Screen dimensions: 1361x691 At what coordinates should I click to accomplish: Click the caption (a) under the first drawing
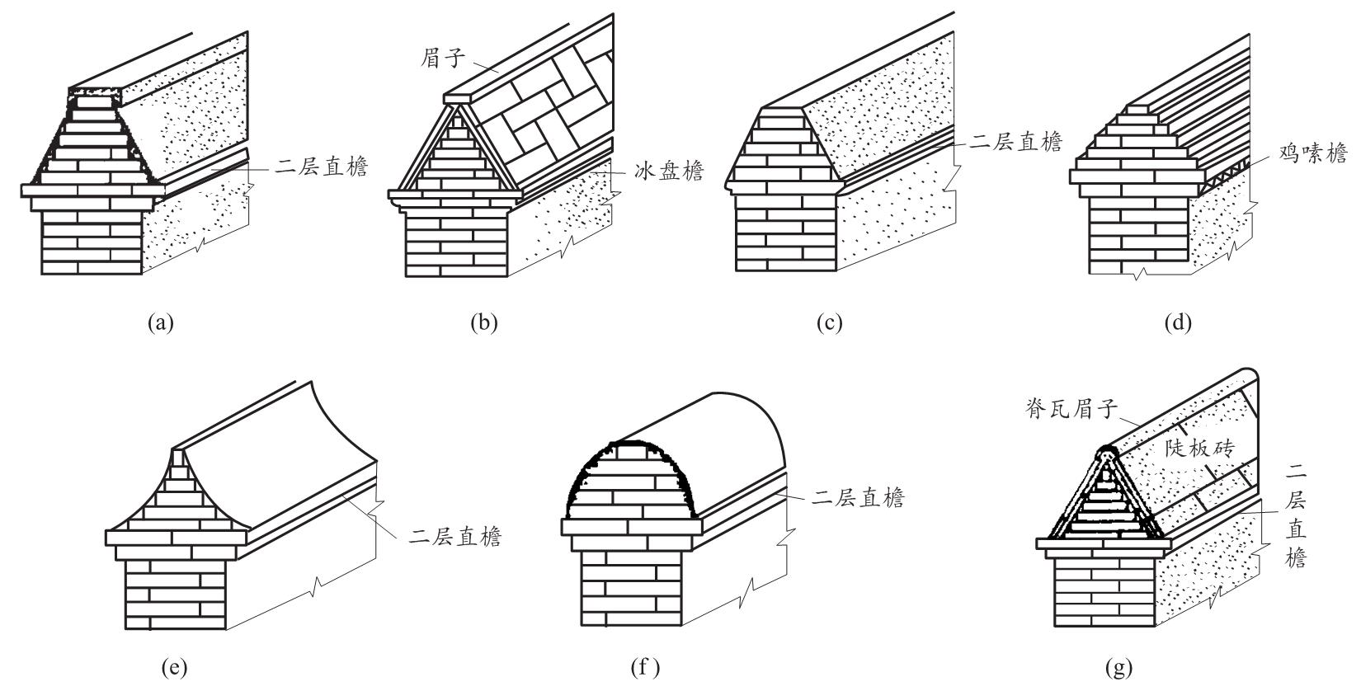click(161, 322)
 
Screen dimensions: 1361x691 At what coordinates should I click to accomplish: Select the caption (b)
click(484, 322)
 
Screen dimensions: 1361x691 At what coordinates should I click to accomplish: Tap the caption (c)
click(829, 322)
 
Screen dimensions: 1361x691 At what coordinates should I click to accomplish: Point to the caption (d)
click(1178, 322)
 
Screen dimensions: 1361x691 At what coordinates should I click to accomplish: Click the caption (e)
click(174, 668)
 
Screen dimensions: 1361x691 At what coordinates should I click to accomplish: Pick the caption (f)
click(645, 668)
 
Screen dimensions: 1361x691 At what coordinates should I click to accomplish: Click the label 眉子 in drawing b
click(443, 59)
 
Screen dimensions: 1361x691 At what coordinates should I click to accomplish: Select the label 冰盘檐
click(669, 172)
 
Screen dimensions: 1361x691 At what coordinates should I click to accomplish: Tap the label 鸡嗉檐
click(1313, 153)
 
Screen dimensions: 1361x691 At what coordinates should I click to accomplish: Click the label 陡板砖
click(1200, 448)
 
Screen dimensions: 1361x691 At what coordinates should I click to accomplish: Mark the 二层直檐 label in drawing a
click(322, 166)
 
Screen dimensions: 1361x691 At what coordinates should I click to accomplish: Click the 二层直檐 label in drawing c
click(1016, 142)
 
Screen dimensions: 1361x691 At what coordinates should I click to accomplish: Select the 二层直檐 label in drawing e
click(455, 537)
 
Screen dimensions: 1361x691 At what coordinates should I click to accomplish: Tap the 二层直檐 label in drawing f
click(858, 497)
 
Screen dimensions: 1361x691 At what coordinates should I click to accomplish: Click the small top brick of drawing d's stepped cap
click(1139, 110)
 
